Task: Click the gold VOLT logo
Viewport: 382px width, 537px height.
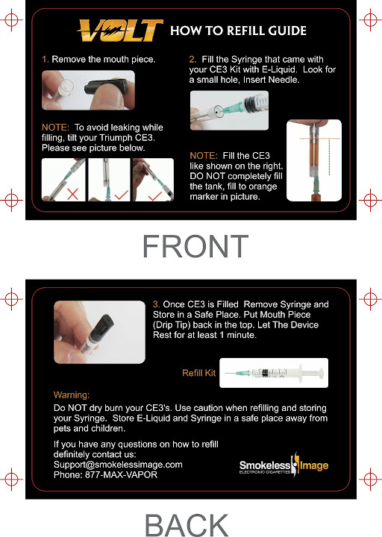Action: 120,30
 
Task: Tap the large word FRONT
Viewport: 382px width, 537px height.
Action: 195,246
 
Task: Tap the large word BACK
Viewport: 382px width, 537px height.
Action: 187,524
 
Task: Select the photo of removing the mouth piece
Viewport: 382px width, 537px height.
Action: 88,90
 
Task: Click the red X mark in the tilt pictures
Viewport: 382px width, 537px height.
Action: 72,194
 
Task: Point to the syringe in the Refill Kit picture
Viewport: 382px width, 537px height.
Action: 274,373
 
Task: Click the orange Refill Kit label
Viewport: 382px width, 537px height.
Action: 198,373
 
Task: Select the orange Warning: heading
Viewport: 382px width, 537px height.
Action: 72,395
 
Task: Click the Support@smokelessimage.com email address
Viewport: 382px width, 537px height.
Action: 118,465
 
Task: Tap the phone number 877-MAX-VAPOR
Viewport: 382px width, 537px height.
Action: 122,475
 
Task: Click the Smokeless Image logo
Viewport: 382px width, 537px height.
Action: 284,465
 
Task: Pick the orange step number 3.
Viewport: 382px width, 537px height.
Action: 156,304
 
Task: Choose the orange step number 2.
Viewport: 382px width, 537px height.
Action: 192,60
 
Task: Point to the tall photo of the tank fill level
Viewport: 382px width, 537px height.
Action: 314,160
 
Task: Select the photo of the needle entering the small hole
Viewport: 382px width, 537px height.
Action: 229,110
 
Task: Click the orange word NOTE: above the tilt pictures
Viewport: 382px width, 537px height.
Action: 55,128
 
